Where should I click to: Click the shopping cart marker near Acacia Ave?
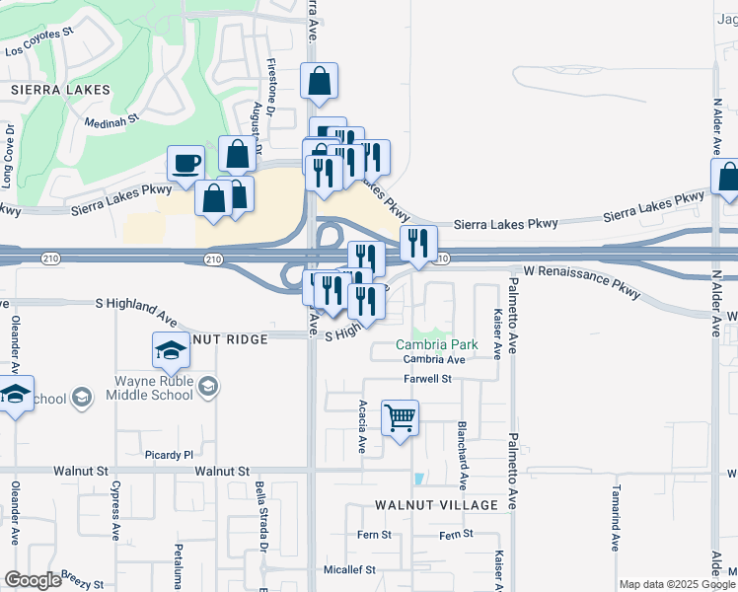point(400,418)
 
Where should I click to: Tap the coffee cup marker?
point(185,164)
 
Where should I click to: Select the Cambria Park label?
point(437,344)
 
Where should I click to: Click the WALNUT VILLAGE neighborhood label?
point(436,505)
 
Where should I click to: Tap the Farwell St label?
point(426,378)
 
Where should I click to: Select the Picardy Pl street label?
point(170,455)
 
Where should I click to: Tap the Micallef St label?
point(351,569)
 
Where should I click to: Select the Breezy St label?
point(75,575)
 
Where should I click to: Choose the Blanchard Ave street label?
point(462,456)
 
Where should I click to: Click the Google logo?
point(33,580)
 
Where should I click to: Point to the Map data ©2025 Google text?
point(677,584)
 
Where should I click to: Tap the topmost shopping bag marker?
point(320,83)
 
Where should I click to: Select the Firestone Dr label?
point(270,83)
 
